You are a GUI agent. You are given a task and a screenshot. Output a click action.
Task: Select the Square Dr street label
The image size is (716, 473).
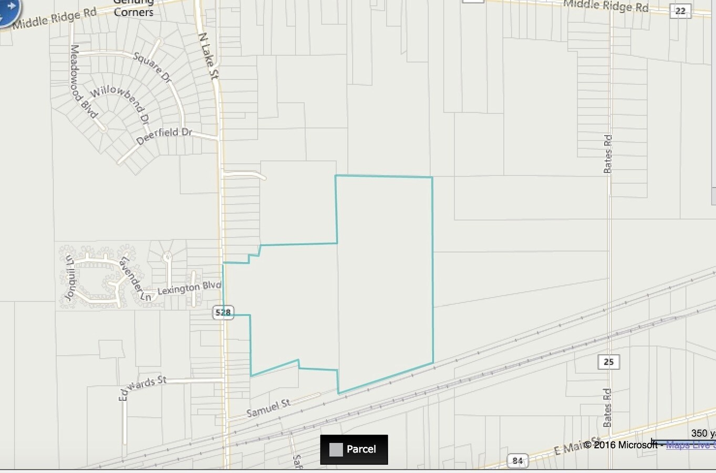coord(152,67)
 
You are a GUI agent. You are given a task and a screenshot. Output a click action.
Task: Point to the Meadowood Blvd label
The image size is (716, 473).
coord(84,81)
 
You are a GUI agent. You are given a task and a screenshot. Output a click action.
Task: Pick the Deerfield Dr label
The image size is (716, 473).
coord(164,136)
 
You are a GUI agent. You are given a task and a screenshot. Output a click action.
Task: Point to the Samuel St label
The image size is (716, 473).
coord(268,408)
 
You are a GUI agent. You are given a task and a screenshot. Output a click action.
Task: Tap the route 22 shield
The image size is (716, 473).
coord(680,11)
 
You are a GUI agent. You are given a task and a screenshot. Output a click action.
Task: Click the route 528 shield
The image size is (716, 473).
coord(223,312)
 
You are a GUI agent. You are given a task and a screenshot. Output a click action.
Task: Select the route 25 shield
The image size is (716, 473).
coord(608,362)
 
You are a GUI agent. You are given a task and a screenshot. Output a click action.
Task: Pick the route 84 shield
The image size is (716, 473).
coord(517,460)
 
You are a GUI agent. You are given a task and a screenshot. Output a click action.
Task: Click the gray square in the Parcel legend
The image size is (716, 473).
coord(336,450)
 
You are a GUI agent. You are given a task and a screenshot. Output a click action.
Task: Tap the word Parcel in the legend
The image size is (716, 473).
coord(361,449)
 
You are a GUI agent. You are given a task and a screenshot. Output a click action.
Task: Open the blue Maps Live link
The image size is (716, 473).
coord(690,445)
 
